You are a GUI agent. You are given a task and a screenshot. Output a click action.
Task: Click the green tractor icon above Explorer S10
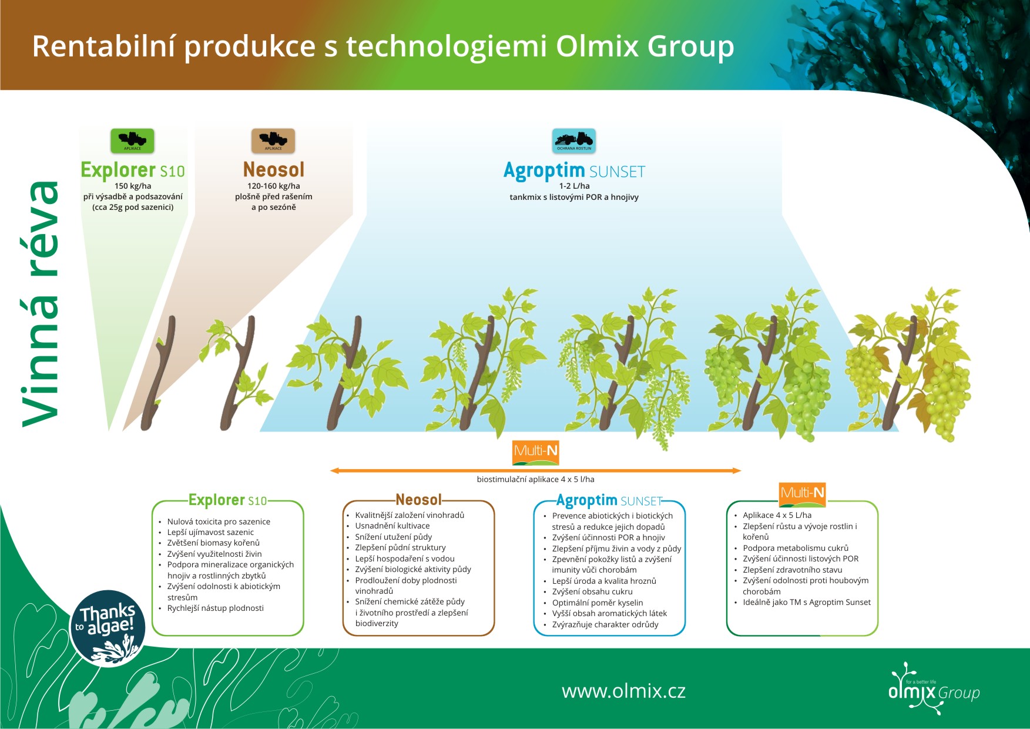coord(132,141)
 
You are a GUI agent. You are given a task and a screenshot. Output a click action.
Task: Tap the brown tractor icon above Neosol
coord(273,141)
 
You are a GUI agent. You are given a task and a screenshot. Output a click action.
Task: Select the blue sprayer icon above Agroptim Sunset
coord(574,141)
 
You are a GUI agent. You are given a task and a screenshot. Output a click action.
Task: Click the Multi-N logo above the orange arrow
coord(535,452)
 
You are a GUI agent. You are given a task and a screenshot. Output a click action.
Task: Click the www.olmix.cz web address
coord(623,691)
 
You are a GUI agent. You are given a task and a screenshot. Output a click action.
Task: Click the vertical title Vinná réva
coord(41,303)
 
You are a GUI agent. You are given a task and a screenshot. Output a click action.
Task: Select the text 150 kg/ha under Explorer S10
coord(133,186)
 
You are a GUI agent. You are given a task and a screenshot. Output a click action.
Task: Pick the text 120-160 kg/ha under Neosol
coord(274,186)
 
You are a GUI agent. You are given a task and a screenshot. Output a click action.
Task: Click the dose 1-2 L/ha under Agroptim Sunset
coord(574,186)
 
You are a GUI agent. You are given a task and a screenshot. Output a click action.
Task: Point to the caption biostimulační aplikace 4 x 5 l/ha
coord(535,479)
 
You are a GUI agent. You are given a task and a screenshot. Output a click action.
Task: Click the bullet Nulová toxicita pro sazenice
coord(219,521)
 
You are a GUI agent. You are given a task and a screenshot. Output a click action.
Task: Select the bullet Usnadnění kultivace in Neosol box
coord(392,526)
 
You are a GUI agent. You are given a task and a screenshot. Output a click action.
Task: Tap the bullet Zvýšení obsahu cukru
coord(592,591)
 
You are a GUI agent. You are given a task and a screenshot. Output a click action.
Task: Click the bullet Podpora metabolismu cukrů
coord(796,548)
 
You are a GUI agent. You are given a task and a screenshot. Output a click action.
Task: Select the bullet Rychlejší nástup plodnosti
coord(215,608)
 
